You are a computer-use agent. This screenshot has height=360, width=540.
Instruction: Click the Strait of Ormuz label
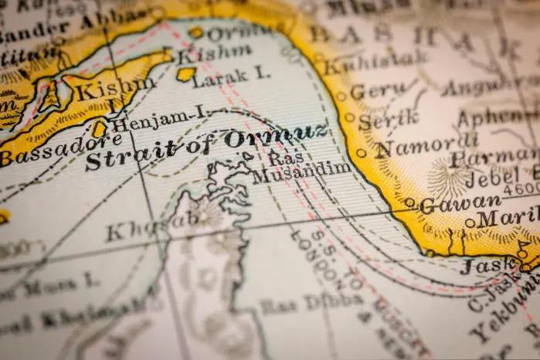[205, 146]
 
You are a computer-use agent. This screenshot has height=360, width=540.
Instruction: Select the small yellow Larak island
[186, 74]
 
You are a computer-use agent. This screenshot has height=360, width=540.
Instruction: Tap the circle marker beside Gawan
[409, 203]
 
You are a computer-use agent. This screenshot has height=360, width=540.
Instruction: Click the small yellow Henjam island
[99, 129]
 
